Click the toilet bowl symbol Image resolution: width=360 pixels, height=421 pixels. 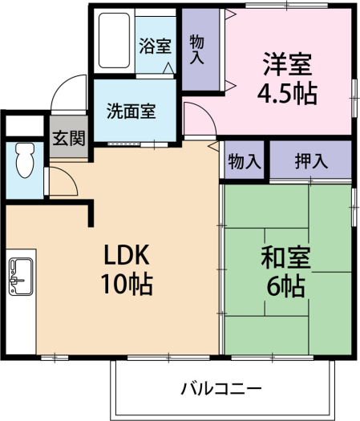(25, 160)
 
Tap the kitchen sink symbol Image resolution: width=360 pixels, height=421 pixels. (21, 277)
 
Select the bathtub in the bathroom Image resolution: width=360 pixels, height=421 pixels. (114, 40)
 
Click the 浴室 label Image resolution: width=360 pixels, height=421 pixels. (156, 47)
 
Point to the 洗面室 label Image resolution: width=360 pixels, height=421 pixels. (131, 111)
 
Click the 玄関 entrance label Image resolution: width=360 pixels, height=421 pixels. (69, 138)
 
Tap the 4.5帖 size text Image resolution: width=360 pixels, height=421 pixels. (288, 94)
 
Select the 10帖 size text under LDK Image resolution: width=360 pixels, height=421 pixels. (127, 285)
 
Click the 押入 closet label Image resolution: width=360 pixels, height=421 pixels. (311, 161)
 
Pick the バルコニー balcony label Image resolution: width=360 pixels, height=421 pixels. (221, 389)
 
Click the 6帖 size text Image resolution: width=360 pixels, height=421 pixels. (285, 286)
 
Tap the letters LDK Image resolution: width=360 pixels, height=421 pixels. (127, 254)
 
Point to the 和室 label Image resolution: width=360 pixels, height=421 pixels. (286, 258)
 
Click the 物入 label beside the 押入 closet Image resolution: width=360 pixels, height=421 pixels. (245, 161)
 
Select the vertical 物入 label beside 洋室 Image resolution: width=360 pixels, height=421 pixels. (197, 50)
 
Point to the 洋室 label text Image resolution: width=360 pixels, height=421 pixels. (288, 64)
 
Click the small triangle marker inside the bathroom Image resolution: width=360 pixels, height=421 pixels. (168, 68)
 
